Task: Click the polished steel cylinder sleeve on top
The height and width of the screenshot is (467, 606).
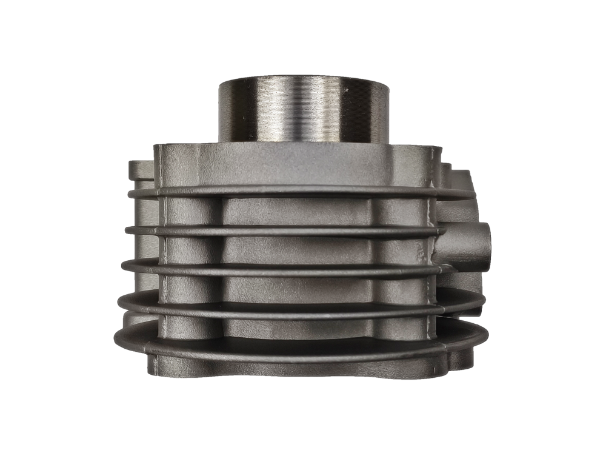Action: click(303, 109)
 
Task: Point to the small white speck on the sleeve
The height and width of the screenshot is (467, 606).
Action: click(345, 91)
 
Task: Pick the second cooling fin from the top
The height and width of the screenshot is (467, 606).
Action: click(285, 230)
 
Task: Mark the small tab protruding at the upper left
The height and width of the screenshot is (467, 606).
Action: click(141, 170)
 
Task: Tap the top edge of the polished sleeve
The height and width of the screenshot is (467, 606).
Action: click(303, 78)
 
